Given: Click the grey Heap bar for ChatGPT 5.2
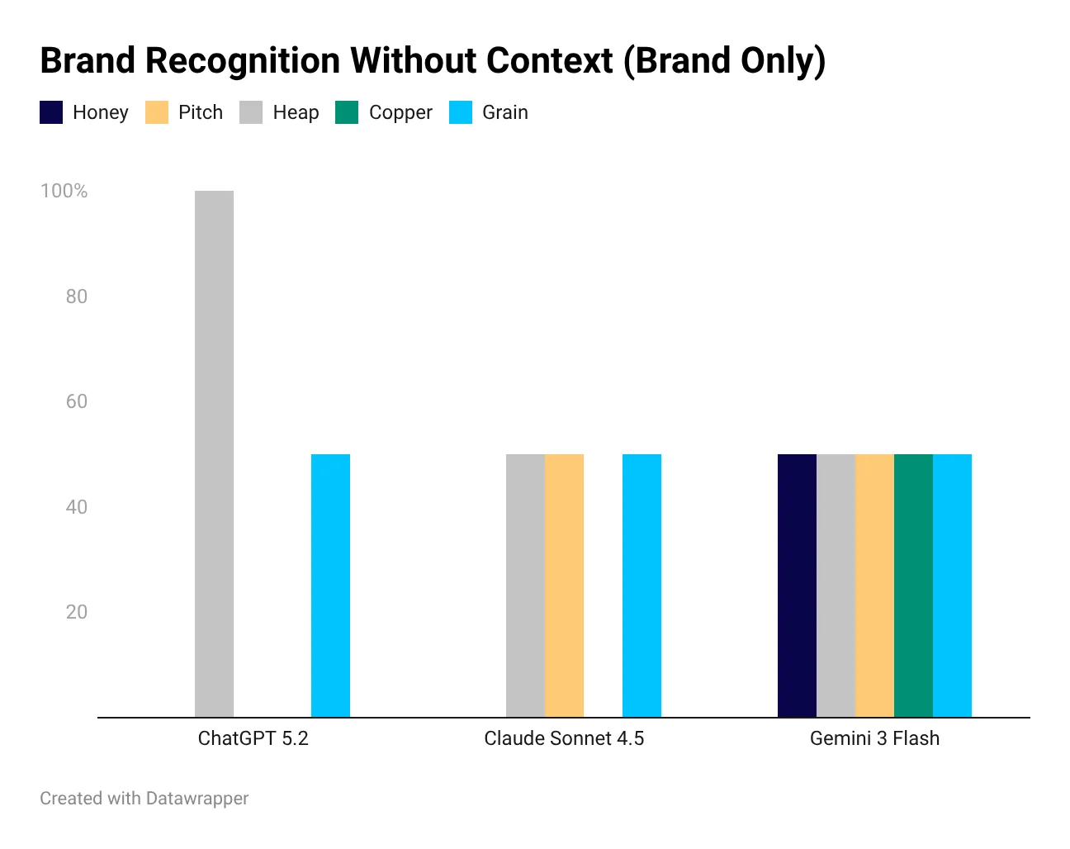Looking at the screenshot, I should click(x=214, y=453).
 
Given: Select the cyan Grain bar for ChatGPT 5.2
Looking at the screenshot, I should click(x=330, y=586).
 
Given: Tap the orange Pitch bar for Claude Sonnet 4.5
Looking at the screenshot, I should click(x=564, y=586).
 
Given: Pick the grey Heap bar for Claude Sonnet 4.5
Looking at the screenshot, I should click(x=525, y=586).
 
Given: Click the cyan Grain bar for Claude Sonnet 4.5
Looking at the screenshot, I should click(x=642, y=586).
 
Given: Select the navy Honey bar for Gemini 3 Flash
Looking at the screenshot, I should click(x=797, y=586).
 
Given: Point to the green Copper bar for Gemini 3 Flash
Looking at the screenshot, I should click(x=913, y=586).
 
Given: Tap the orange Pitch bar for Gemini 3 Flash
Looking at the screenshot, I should click(x=874, y=586).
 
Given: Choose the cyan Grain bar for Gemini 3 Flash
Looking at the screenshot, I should click(x=952, y=586).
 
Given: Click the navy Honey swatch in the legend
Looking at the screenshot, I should click(x=51, y=112).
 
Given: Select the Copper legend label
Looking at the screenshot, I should click(x=400, y=112).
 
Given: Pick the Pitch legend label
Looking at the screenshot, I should click(x=201, y=112).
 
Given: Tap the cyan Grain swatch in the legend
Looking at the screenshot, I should click(x=461, y=112).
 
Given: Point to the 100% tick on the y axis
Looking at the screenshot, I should click(x=64, y=191).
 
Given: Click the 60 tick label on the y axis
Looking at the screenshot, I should click(x=76, y=401).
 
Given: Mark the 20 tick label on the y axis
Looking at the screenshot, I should click(x=76, y=612).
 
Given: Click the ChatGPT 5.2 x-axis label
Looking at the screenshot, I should click(x=253, y=738).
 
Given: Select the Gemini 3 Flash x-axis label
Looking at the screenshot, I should click(x=874, y=738).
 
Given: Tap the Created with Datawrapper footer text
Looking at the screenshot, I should click(x=144, y=799).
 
